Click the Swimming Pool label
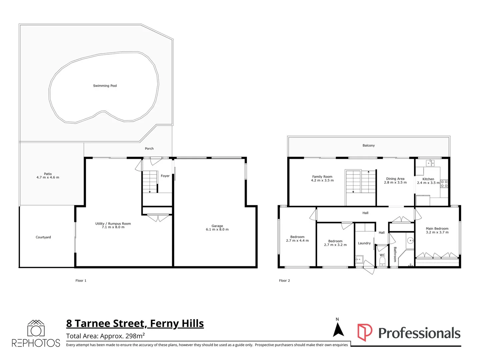tap(105, 86)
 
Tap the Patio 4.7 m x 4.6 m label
tap(48, 176)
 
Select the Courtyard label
tap(43, 237)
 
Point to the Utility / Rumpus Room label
tap(113, 224)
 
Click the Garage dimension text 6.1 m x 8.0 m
tap(217, 230)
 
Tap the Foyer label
tap(165, 176)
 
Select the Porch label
tap(149, 149)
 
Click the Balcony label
tap(368, 146)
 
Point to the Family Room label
tap(322, 177)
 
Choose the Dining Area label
tap(395, 179)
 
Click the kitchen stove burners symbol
tap(444, 184)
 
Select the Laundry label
tap(364, 243)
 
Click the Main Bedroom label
tap(437, 229)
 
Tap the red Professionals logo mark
tap(365, 332)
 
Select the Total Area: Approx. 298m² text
tap(105, 336)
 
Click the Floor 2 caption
tap(284, 281)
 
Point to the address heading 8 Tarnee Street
tap(135, 323)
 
